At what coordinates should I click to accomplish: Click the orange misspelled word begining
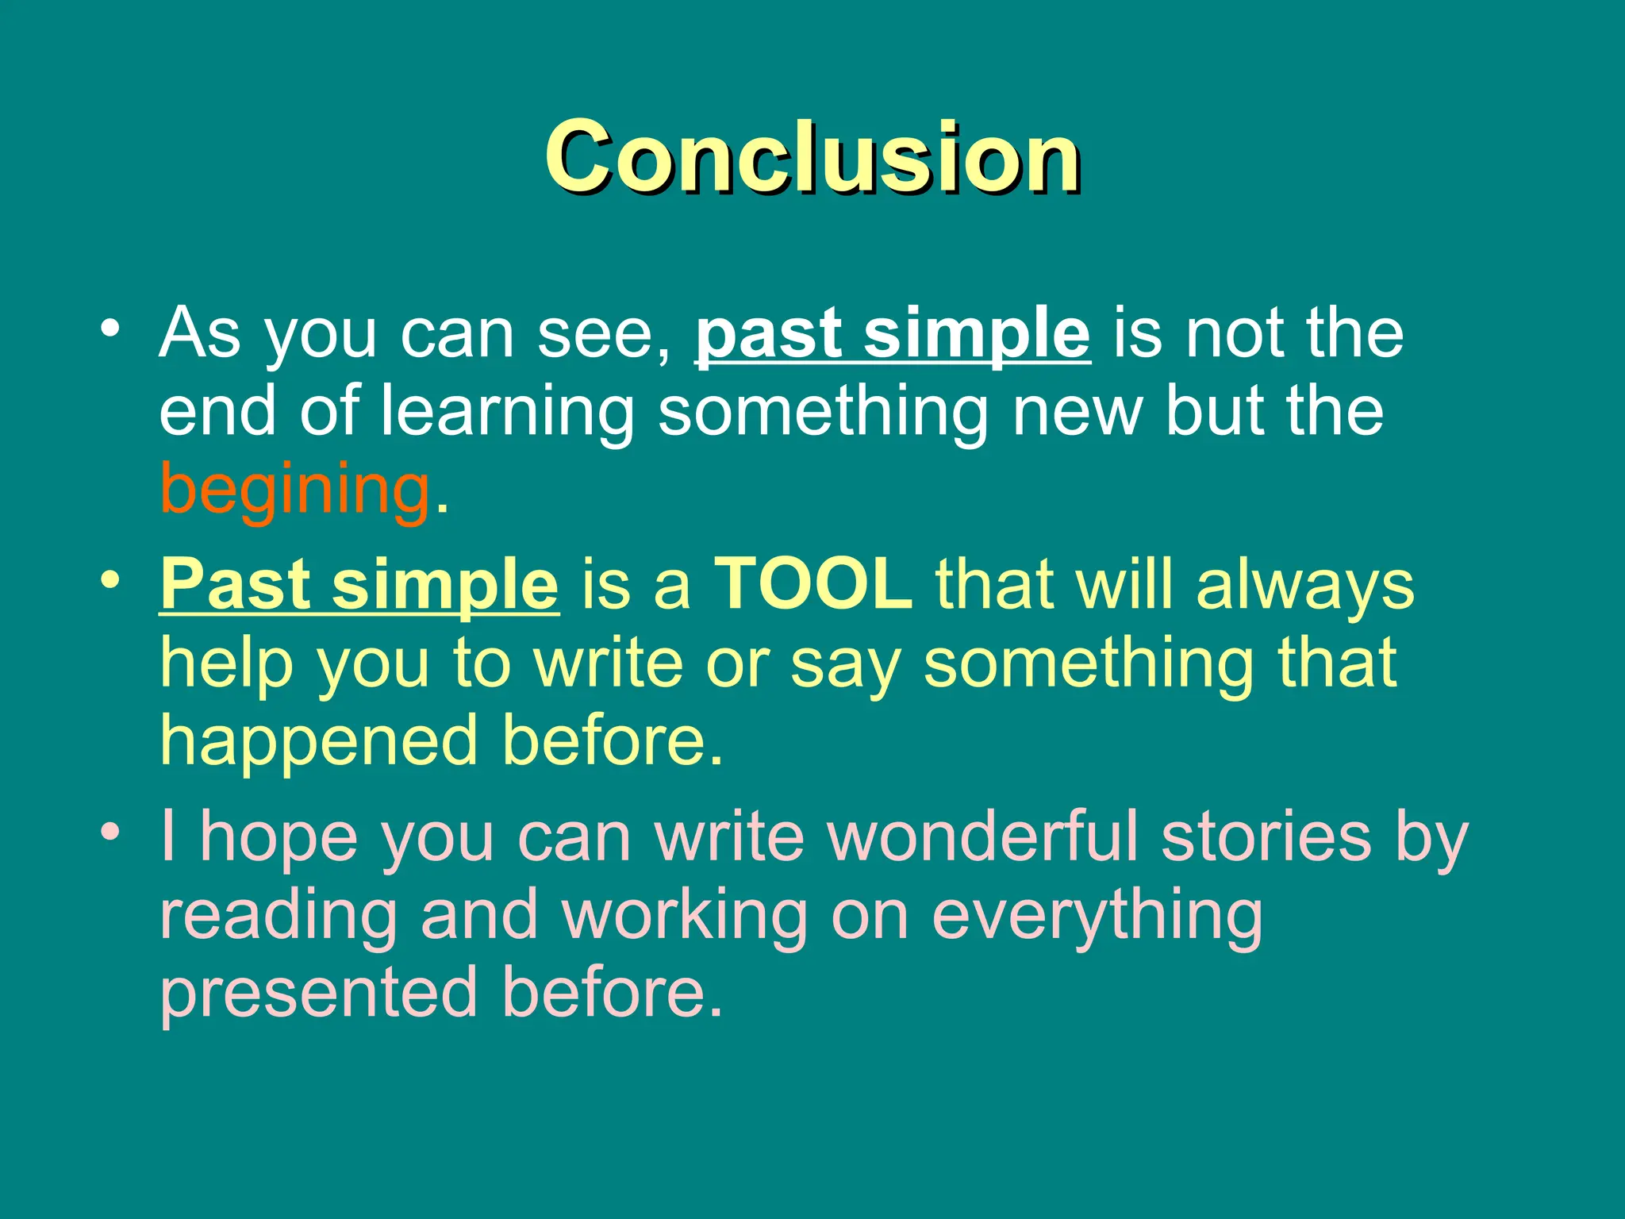295,489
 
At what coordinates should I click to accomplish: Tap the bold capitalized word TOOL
813,583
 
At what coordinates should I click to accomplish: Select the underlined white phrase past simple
893,333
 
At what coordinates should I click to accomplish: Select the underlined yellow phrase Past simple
359,583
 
